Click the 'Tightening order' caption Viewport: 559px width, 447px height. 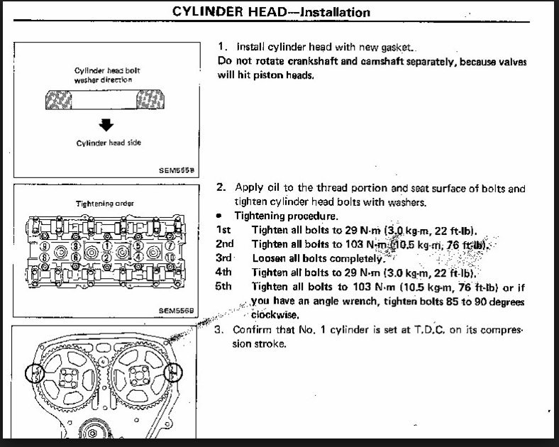click(x=105, y=203)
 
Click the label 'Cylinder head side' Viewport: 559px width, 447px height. click(x=105, y=143)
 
